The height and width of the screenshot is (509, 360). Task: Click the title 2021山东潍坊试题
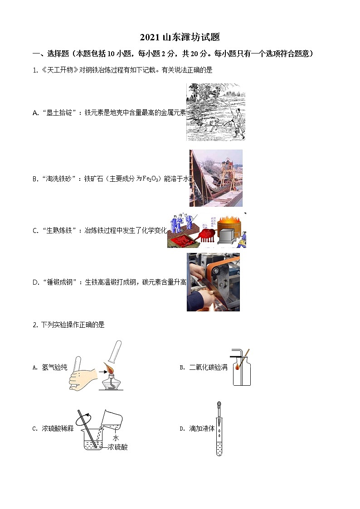tap(180, 38)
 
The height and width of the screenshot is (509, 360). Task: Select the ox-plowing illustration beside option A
tap(216, 112)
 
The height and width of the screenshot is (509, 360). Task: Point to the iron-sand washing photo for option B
tap(216, 178)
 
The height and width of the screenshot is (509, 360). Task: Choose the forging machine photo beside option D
tap(213, 282)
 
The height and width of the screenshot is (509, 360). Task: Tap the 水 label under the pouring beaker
tap(115, 438)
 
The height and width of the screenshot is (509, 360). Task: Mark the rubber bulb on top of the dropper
tap(219, 404)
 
